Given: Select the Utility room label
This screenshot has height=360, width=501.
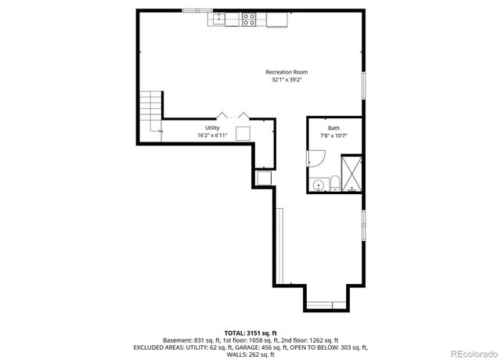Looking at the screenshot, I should coord(212,128).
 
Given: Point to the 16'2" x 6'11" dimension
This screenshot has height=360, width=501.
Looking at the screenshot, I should coord(212,135).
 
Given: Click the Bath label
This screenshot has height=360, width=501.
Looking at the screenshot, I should coord(333,128).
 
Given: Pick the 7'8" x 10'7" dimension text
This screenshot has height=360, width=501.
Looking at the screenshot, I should coord(333,135).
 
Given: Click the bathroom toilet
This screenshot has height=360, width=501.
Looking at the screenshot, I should coord(334,184).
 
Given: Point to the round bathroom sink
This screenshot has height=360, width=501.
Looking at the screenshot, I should coord(318,185).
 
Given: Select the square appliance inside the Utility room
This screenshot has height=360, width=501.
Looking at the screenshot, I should coord(243,132).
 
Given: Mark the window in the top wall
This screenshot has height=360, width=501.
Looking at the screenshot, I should coord(196,10).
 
